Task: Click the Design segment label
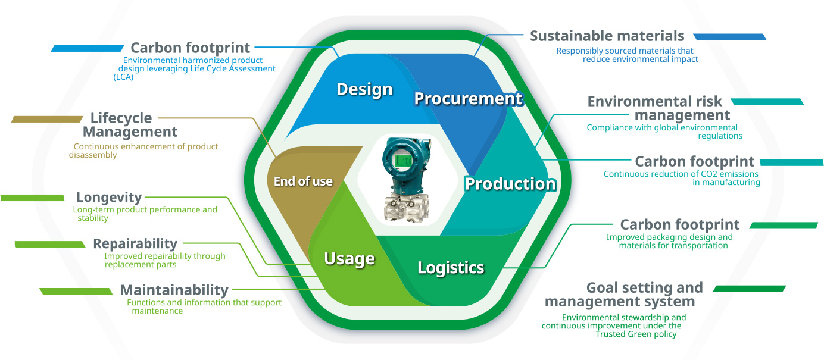tap(364, 89)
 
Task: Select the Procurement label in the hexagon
tap(468, 98)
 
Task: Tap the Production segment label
tap(510, 183)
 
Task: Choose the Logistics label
tap(451, 267)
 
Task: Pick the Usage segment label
tap(349, 258)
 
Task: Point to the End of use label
tap(303, 181)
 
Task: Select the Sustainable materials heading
tap(607, 36)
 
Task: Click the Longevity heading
tap(109, 197)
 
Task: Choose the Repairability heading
tap(135, 243)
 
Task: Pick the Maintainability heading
tap(174, 290)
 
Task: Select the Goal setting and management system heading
tap(623, 295)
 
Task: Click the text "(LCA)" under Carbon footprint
tap(123, 77)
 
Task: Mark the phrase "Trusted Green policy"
tap(636, 334)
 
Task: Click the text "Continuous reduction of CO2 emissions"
tap(681, 174)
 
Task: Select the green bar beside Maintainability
tap(76, 291)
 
